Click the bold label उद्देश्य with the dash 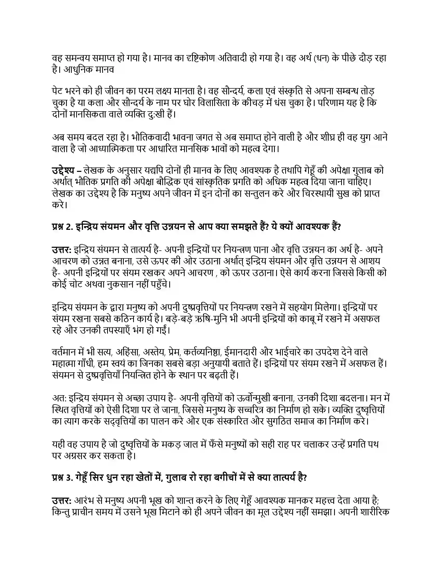[67, 171]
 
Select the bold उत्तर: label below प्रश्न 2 [62, 250]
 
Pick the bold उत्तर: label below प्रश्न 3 [62, 501]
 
